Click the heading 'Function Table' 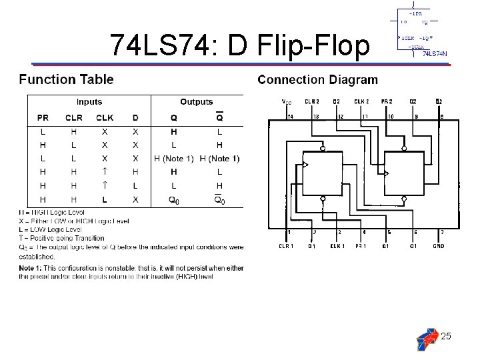pyautogui.click(x=66, y=79)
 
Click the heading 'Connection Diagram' pyautogui.click(x=317, y=80)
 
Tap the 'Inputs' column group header pyautogui.click(x=89, y=102)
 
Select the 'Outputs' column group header pyautogui.click(x=196, y=102)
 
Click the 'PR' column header pyautogui.click(x=43, y=118)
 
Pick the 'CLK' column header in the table pyautogui.click(x=105, y=118)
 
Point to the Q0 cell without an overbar pyautogui.click(x=173, y=200)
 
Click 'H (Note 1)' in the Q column pyautogui.click(x=174, y=159)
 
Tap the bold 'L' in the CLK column pyautogui.click(x=105, y=200)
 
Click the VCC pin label pyautogui.click(x=287, y=102)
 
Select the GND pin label pyautogui.click(x=438, y=247)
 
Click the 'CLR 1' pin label pyautogui.click(x=286, y=247)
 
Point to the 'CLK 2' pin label pyautogui.click(x=361, y=102)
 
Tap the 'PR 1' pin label pyautogui.click(x=361, y=247)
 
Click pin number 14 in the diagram pyautogui.click(x=290, y=115)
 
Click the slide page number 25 pyautogui.click(x=446, y=336)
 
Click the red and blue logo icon pyautogui.click(x=427, y=339)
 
